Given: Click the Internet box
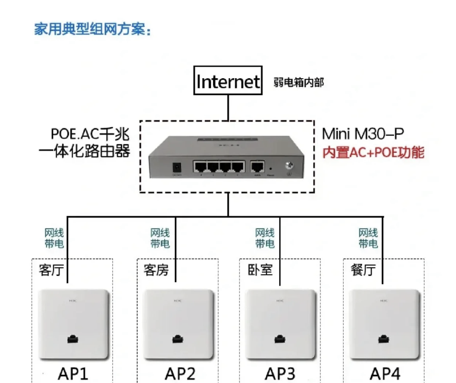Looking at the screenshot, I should pos(228,80).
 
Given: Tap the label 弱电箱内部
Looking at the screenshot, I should pos(298,82).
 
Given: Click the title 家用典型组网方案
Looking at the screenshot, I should pos(92,29).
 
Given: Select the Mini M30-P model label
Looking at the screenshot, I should pos(362,134).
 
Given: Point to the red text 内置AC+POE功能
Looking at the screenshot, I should pos(373,152).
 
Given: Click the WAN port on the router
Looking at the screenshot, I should pos(257,167).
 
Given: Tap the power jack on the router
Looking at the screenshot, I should pos(177,168).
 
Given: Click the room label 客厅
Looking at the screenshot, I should pos(51,270).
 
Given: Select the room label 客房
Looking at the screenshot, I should pos(156,270).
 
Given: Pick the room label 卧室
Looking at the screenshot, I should pos(260,270).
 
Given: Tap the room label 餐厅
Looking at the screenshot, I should pos(363,270).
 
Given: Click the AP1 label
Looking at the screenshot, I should pos(73,374).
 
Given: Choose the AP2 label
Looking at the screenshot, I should pos(180,374).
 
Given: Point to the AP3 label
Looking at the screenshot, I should pos(280,374).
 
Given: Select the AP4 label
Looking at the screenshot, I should pos(385,374).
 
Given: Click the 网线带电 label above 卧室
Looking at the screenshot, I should pos(265,238).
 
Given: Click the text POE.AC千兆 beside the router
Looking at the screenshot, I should pos(90,134).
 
